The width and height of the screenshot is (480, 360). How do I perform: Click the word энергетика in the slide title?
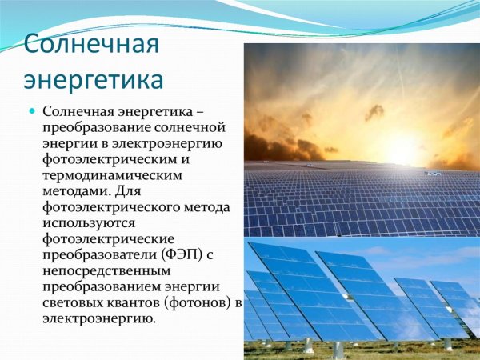[x=94, y=81]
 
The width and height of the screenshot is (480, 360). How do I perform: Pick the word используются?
[x=88, y=223]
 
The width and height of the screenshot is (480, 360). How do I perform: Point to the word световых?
[x=70, y=303]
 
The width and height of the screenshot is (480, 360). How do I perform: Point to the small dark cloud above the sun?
[x=374, y=112]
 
